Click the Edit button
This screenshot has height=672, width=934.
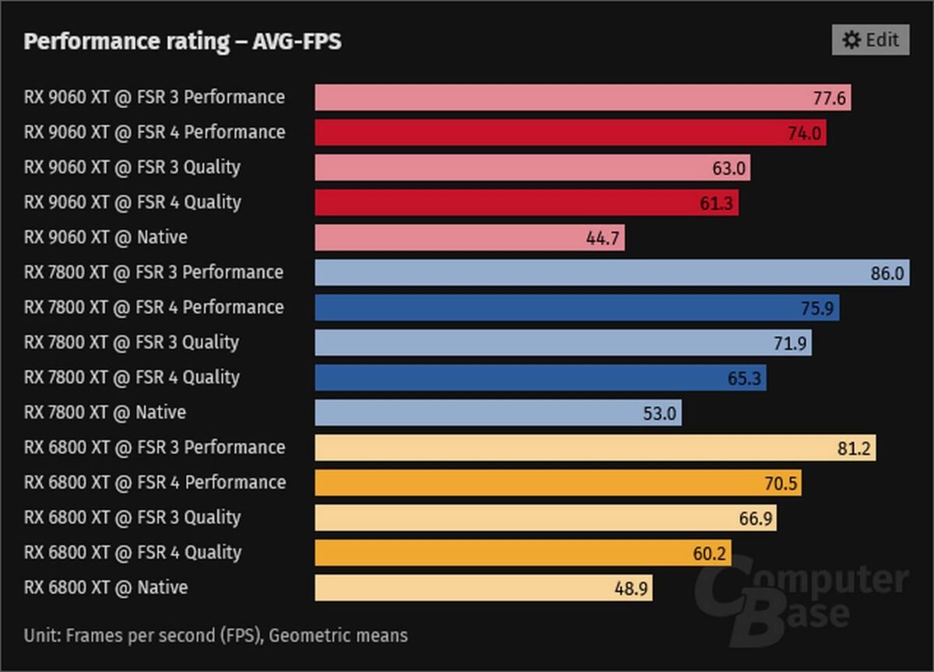870,40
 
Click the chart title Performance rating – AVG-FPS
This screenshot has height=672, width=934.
182,41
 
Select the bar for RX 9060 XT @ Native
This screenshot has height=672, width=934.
469,238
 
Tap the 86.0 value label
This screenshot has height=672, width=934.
887,274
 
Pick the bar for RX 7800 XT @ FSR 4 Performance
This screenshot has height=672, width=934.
577,308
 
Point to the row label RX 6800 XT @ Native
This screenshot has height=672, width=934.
106,588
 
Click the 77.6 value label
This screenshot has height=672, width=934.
828,99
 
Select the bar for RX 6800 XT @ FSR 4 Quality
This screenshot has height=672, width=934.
523,553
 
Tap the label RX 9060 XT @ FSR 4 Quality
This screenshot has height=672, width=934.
132,202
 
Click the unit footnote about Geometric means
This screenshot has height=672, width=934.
216,635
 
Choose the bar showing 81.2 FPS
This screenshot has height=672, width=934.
595,448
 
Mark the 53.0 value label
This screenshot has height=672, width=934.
659,414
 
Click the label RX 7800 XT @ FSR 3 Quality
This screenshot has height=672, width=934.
132,342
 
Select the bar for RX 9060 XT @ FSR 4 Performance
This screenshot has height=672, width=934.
571,133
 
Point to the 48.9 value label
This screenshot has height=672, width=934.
630,589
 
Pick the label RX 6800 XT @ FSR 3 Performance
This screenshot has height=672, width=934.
154,448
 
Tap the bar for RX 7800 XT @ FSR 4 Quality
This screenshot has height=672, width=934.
540,378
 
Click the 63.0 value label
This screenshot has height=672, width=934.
729,169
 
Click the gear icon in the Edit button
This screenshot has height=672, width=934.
851,40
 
